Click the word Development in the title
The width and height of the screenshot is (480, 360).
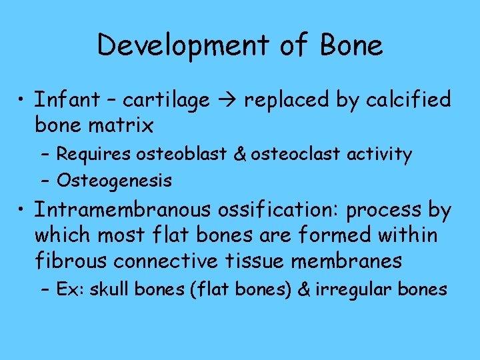pyautogui.click(x=179, y=46)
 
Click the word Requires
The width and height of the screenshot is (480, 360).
pyautogui.click(x=94, y=155)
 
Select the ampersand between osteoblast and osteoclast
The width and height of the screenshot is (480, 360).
pyautogui.click(x=241, y=155)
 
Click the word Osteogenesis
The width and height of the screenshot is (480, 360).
pyautogui.click(x=114, y=180)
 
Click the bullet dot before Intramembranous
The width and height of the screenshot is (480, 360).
pyautogui.click(x=23, y=211)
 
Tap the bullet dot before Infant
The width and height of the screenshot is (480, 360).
pyautogui.click(x=23, y=101)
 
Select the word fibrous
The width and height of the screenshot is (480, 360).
pyautogui.click(x=73, y=260)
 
